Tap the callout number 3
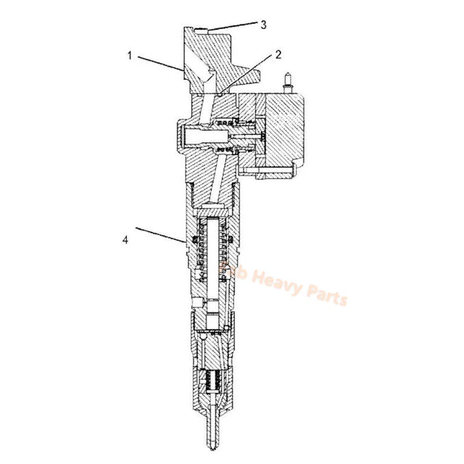(264, 23)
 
